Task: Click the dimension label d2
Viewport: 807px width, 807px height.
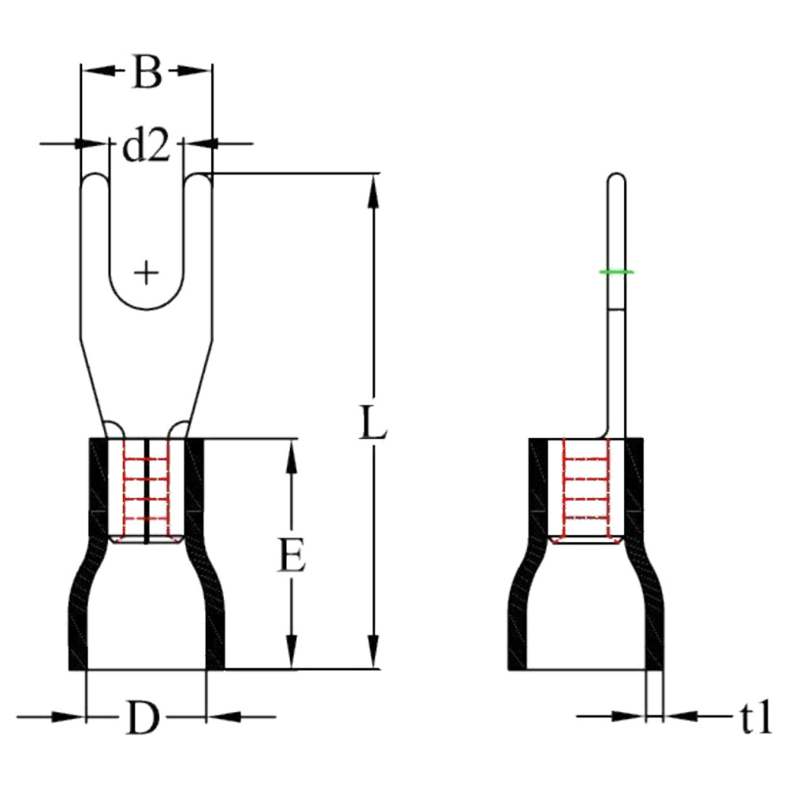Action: [146, 146]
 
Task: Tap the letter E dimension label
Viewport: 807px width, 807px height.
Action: [292, 556]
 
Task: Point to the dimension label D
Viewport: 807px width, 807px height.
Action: [143, 718]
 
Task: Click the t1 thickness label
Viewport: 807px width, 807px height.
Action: [755, 718]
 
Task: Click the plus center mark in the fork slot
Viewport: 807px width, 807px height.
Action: [146, 273]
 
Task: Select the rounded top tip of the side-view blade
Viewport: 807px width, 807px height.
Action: [617, 179]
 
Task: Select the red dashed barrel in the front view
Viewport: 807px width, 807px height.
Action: [147, 489]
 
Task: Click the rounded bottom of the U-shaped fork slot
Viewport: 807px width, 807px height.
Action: [146, 307]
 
